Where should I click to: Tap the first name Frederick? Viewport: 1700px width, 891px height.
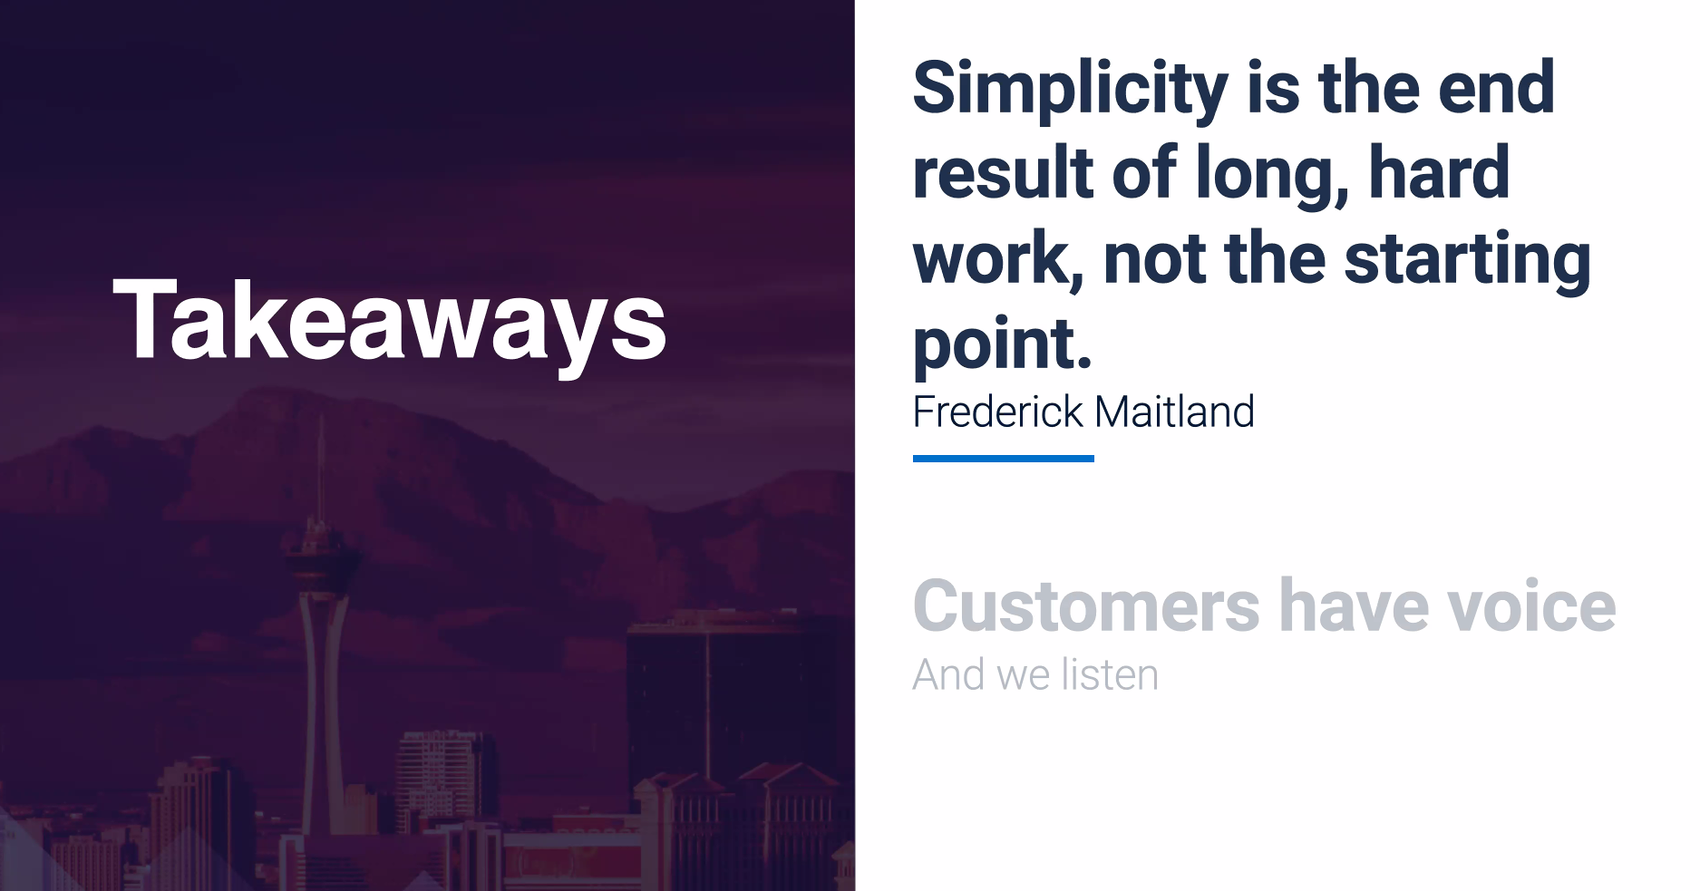pos(998,412)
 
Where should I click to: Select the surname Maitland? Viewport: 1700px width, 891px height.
pos(1175,412)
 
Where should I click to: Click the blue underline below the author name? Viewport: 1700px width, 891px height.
pos(1004,459)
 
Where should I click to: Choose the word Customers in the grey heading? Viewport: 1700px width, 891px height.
pos(1086,605)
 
